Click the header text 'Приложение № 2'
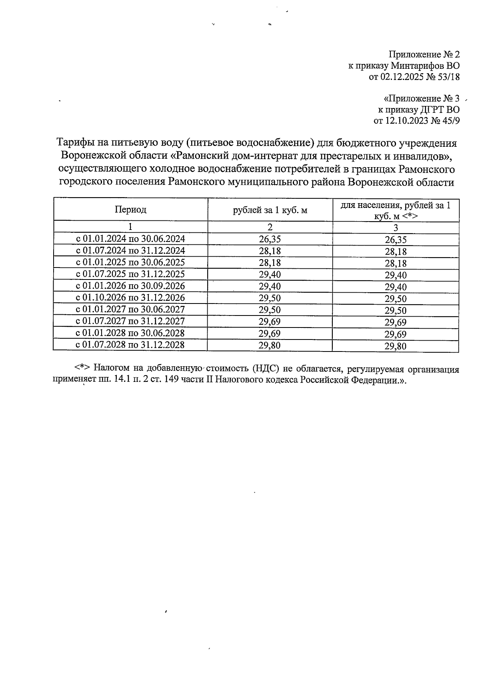424,54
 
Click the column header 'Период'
130,209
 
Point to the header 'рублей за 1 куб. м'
270,210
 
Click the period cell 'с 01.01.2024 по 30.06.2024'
130,239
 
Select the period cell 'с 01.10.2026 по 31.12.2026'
130,298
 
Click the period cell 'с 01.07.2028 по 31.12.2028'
130,345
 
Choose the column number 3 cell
395,228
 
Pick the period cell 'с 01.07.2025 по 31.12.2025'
130,274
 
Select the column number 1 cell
130,227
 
